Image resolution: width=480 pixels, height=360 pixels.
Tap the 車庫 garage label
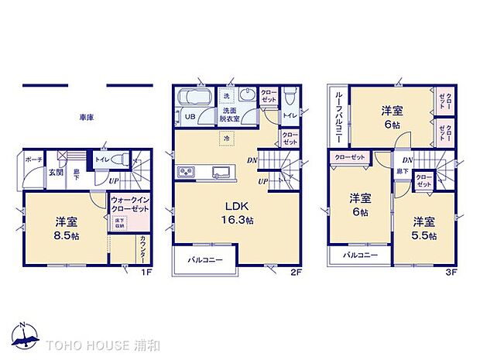(86, 117)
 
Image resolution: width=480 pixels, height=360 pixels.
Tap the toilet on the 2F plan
(288, 96)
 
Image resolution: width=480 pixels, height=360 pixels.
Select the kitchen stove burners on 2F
(187, 171)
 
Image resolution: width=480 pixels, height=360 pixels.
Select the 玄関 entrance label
(56, 173)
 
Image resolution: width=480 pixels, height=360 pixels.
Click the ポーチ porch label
(33, 159)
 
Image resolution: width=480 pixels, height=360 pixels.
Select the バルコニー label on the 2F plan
(206, 260)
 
